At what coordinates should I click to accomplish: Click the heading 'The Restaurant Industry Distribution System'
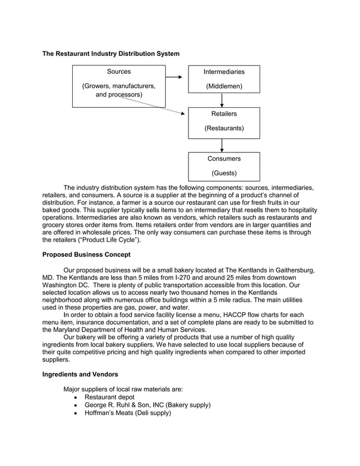111,54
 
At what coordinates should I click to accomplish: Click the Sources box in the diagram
118,86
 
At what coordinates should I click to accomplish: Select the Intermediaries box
224,79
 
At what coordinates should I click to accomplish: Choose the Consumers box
224,166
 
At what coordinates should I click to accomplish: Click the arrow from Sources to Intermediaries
177,76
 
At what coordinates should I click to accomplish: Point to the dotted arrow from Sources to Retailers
152,104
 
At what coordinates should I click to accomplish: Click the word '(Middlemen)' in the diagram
224,86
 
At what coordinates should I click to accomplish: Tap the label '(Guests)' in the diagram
224,173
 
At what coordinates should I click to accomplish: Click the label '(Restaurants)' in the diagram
224,129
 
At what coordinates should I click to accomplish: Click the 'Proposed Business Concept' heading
86,254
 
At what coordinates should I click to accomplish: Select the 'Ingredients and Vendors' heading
80,373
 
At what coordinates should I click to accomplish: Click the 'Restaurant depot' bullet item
111,397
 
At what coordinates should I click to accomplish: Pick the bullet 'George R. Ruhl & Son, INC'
147,405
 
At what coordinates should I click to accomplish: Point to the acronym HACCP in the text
244,315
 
